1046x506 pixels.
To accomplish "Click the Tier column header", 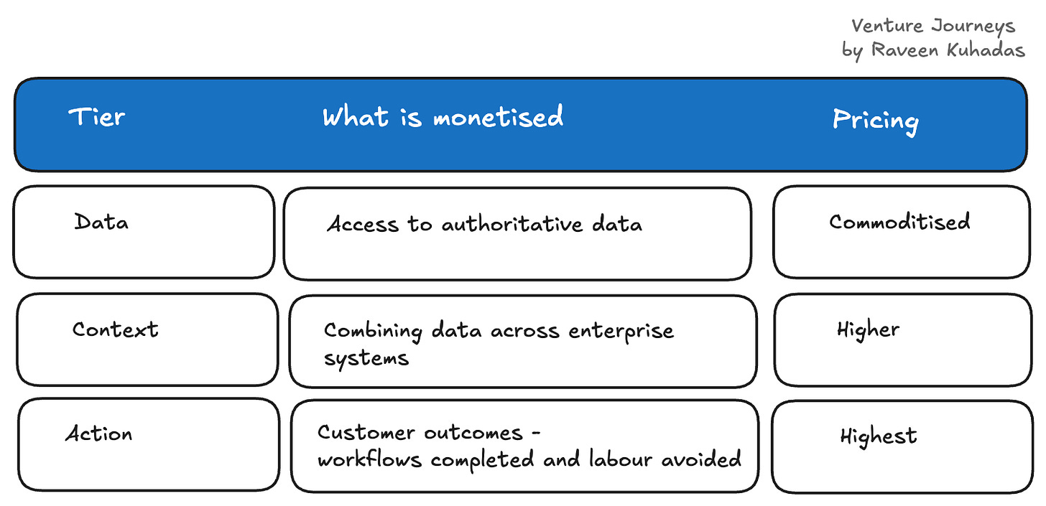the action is tap(97, 116).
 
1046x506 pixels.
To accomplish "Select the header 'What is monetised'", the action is tap(443, 116).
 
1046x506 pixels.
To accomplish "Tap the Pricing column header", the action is tap(876, 121).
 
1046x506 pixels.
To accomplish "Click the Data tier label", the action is tap(101, 222).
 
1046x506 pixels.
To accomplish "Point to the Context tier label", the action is tap(116, 329).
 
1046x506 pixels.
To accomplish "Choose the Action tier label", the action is tap(99, 434).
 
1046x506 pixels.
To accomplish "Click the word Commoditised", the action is tap(899, 222).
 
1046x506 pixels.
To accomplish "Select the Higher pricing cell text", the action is tap(868, 331).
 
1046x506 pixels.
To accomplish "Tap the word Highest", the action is tap(879, 437).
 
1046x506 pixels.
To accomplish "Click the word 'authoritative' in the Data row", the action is tap(512, 224).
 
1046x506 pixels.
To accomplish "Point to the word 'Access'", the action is tap(363, 225).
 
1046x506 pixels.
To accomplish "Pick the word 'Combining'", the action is tap(373, 332).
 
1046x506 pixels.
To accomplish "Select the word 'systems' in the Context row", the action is tap(366, 359).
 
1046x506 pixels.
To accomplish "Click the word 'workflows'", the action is tap(369, 459).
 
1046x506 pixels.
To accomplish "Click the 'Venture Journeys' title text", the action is tap(933, 27).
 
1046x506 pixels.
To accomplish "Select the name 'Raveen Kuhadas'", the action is tap(948, 50).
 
